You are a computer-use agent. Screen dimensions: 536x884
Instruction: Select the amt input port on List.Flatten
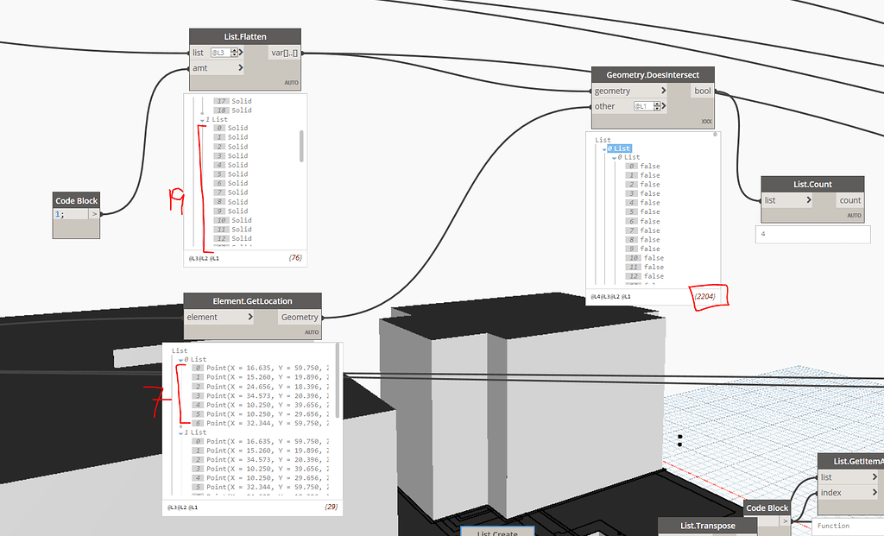click(216, 67)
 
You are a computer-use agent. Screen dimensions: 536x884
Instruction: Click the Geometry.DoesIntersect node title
click(653, 74)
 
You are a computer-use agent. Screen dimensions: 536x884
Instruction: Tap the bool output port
click(703, 91)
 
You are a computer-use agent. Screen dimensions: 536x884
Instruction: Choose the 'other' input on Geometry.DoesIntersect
click(609, 106)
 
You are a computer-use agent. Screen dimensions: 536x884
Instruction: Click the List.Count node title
click(811, 184)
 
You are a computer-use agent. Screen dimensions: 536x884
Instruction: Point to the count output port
click(849, 200)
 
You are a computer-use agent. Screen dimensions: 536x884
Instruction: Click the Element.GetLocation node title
click(252, 301)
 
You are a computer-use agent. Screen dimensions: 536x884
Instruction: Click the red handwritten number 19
click(177, 200)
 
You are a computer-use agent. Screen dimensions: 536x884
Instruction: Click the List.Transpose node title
click(707, 526)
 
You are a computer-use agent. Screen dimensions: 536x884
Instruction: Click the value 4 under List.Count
click(763, 233)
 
